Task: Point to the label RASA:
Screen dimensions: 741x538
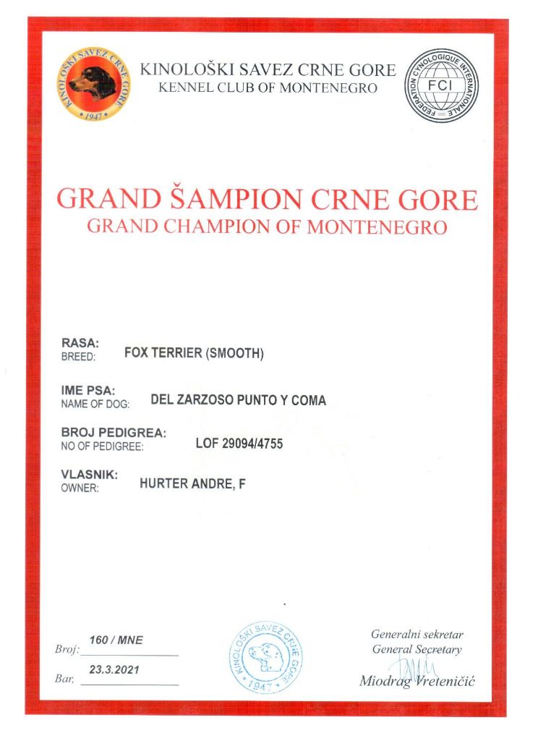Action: (x=75, y=343)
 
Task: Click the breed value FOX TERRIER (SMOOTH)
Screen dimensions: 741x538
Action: (x=195, y=354)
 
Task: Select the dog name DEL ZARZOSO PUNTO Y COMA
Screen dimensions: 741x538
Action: (x=238, y=400)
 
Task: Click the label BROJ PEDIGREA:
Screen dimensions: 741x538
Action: (x=114, y=433)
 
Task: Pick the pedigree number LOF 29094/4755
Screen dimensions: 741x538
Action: (x=239, y=444)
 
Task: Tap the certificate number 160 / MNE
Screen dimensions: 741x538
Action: (x=116, y=640)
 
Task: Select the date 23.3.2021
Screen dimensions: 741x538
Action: (x=114, y=670)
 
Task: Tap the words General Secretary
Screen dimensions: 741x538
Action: (x=417, y=649)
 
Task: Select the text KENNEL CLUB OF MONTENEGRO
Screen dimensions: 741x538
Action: (x=268, y=88)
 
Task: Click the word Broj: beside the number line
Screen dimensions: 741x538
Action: (x=66, y=649)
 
